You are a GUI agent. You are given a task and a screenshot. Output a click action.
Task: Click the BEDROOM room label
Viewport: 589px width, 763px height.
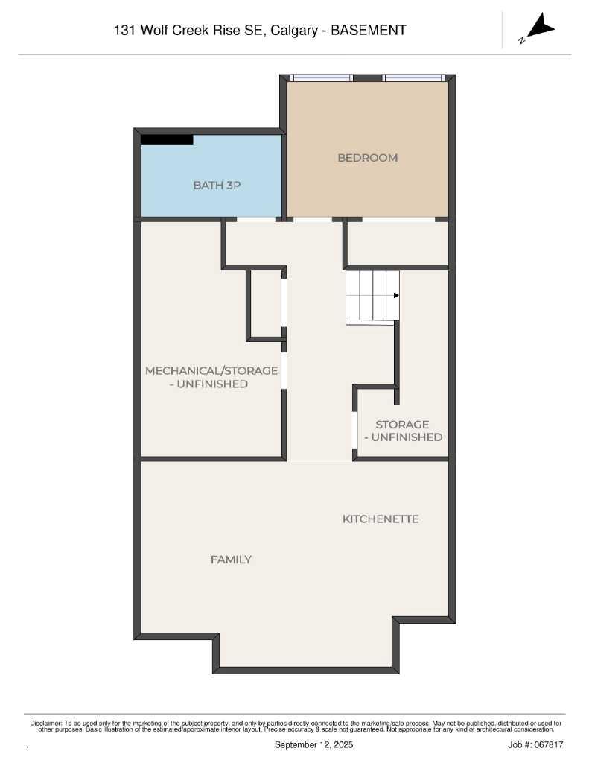tap(367, 158)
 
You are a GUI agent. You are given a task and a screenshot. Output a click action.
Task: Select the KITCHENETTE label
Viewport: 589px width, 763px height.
tap(380, 519)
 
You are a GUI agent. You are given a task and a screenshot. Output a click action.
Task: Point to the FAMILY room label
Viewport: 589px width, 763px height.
tap(231, 560)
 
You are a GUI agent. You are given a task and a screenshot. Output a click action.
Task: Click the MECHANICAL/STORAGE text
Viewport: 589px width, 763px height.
tap(211, 370)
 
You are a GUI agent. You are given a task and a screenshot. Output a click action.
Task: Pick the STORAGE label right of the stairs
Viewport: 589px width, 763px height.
tap(402, 425)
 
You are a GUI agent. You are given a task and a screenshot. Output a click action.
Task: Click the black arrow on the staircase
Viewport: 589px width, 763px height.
tap(396, 296)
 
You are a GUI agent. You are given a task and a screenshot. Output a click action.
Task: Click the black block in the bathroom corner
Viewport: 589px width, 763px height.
tap(167, 139)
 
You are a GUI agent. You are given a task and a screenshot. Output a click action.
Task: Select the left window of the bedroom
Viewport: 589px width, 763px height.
tap(321, 77)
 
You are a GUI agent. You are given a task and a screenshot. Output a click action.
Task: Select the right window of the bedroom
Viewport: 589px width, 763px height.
tap(413, 77)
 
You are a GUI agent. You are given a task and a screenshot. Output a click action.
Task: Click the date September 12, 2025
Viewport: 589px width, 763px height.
tap(313, 745)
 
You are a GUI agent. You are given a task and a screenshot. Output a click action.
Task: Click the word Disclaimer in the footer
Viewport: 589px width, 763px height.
tap(45, 723)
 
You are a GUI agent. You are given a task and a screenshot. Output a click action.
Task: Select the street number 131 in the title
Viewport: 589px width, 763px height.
tap(124, 31)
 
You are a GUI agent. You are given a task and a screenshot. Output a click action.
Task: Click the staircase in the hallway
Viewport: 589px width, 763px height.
tap(372, 296)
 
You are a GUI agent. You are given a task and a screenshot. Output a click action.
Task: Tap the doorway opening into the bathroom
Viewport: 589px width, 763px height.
tap(255, 219)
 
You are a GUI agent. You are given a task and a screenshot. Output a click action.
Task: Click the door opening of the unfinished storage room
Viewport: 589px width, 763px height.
tap(354, 430)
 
